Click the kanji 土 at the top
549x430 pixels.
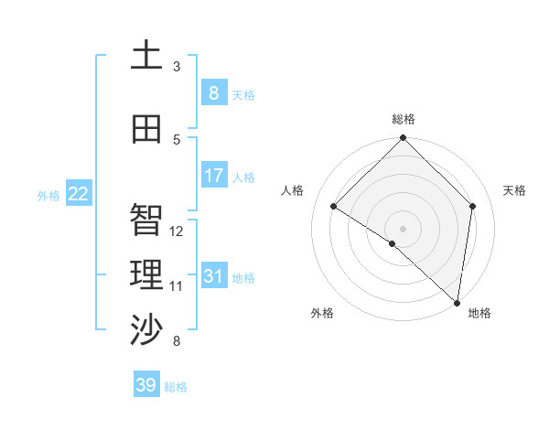click(146, 56)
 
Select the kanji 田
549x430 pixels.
click(146, 129)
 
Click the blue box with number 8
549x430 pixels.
click(213, 92)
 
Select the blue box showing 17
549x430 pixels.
click(213, 175)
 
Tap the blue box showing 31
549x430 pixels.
click(213, 275)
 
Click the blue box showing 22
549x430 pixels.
click(79, 193)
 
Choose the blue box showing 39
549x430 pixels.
click(146, 385)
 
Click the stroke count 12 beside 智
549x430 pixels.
click(177, 231)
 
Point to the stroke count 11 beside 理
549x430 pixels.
click(177, 286)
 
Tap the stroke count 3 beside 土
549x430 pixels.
click(177, 67)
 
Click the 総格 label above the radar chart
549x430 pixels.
click(403, 119)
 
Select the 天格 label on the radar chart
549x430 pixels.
click(514, 190)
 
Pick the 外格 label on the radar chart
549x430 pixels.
click(322, 313)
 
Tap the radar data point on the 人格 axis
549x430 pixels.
click(334, 207)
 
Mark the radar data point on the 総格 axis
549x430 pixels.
click(403, 138)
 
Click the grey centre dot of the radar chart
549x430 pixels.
click(403, 228)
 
